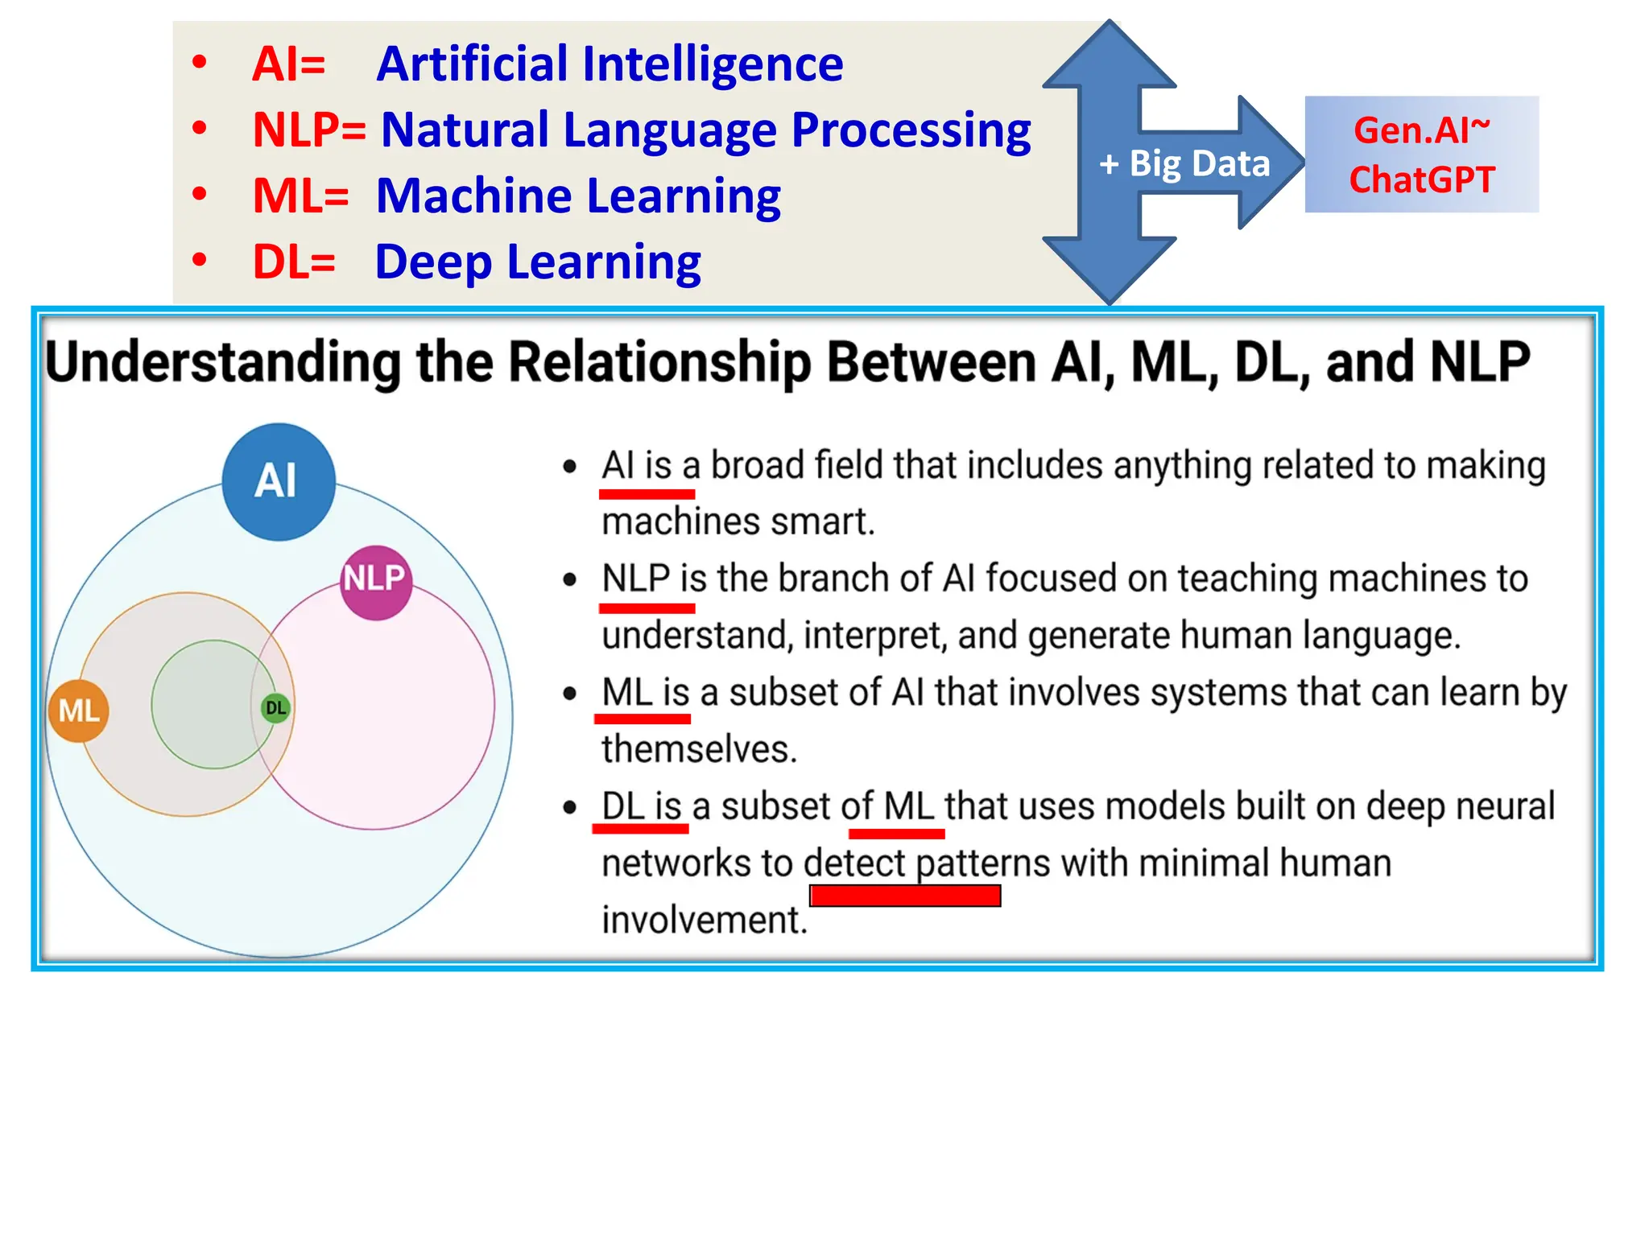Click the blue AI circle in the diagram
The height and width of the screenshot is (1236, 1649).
278,481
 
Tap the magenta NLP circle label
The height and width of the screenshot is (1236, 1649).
375,581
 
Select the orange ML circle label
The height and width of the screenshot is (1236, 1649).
79,711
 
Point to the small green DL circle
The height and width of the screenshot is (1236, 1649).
275,708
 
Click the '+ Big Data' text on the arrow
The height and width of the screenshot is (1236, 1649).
1184,163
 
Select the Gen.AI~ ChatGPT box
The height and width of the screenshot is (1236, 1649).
1421,154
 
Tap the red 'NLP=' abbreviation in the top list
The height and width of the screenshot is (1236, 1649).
309,130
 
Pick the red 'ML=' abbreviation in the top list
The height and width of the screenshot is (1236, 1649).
300,196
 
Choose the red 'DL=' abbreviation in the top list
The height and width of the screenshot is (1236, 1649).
294,262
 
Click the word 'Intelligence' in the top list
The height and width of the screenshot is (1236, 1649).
712,64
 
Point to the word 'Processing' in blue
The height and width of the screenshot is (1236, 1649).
911,130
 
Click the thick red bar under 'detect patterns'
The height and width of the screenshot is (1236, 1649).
905,896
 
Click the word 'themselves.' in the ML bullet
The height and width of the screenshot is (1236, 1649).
699,749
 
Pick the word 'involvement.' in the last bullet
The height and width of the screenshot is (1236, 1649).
705,920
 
